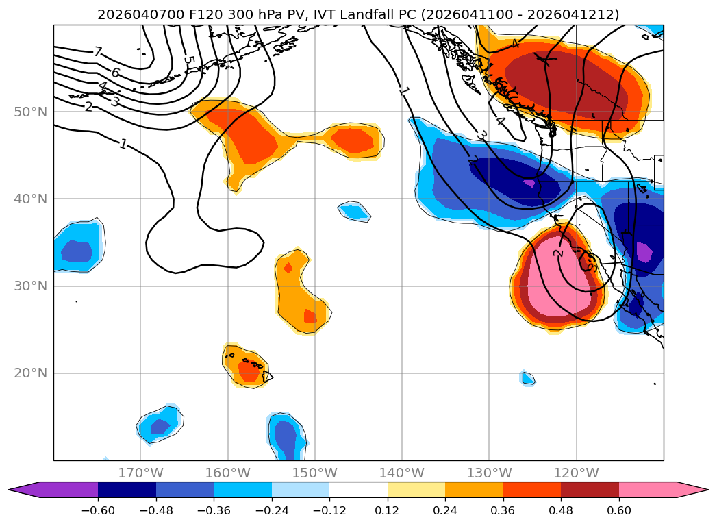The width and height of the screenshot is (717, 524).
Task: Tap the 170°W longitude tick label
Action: coord(140,473)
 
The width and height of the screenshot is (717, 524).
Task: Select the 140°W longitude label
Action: coord(402,473)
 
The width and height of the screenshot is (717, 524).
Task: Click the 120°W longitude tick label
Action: coord(576,473)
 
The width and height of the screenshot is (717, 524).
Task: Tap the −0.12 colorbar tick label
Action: coord(329,510)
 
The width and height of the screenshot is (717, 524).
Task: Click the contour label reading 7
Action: coord(98,52)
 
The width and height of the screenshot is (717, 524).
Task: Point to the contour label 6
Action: coord(115,73)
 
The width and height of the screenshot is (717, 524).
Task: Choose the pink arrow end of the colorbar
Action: coord(692,490)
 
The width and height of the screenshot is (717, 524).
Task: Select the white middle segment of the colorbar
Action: coord(358,490)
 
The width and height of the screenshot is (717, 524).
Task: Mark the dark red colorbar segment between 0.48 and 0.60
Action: coord(590,490)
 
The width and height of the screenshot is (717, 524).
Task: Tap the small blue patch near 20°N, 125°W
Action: coord(527,378)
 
